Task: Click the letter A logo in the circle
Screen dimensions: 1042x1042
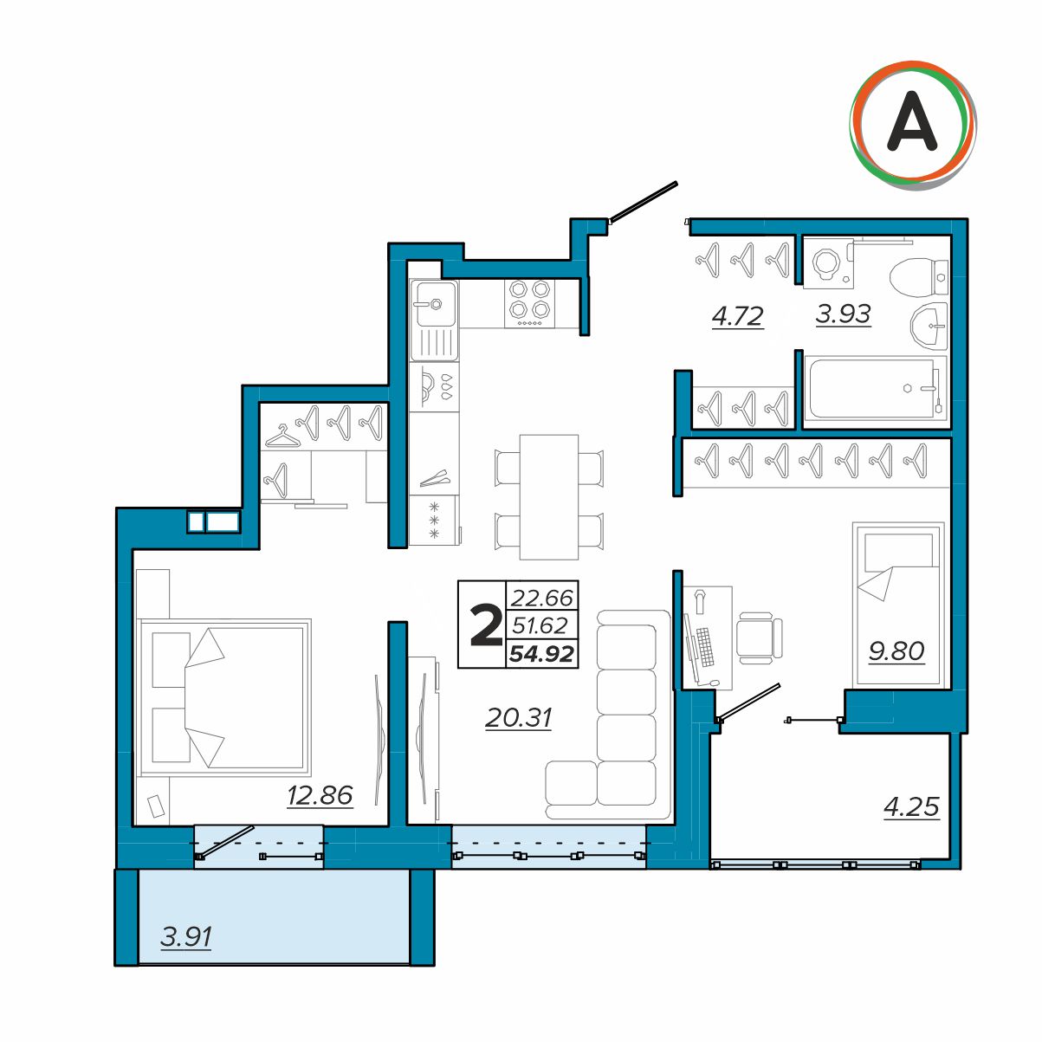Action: click(x=912, y=121)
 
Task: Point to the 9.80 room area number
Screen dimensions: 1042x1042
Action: click(x=896, y=651)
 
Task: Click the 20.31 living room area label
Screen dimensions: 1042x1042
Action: click(x=518, y=718)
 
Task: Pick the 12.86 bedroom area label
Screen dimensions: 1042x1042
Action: click(x=320, y=795)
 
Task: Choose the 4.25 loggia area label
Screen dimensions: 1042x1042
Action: click(x=911, y=806)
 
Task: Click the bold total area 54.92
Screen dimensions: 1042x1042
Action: click(x=541, y=654)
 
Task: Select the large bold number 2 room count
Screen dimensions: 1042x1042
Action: click(x=486, y=625)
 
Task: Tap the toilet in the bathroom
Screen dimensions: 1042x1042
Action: click(x=918, y=277)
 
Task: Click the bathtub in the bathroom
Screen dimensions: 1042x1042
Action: click(x=874, y=388)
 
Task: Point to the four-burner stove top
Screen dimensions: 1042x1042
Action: click(x=530, y=303)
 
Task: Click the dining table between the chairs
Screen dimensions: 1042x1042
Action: click(x=549, y=497)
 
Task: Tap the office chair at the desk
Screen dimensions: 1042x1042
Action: click(x=759, y=638)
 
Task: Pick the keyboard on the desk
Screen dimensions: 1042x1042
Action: click(x=704, y=646)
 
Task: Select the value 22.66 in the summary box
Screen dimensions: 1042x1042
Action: click(x=541, y=598)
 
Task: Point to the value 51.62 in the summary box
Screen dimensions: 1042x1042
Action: click(x=540, y=625)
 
